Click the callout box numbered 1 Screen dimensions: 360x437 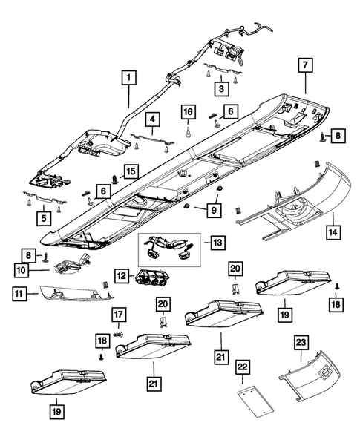coord(129,77)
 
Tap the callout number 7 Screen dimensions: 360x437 coord(305,65)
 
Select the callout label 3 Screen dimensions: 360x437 coord(222,89)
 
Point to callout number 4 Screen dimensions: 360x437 coord(152,119)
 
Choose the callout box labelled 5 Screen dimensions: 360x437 coord(44,218)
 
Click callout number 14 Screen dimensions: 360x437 coord(333,232)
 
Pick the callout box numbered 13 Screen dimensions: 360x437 coord(217,243)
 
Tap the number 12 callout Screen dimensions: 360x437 coord(122,276)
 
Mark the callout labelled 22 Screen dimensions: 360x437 coord(243,367)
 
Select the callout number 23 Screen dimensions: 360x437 coord(301,342)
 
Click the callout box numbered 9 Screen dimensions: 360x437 coord(214,210)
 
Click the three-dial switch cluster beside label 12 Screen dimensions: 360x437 coord(149,279)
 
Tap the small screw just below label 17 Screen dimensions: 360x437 coord(119,334)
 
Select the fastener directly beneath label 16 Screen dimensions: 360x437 coord(189,132)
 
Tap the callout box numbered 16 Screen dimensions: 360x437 coord(189,111)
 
